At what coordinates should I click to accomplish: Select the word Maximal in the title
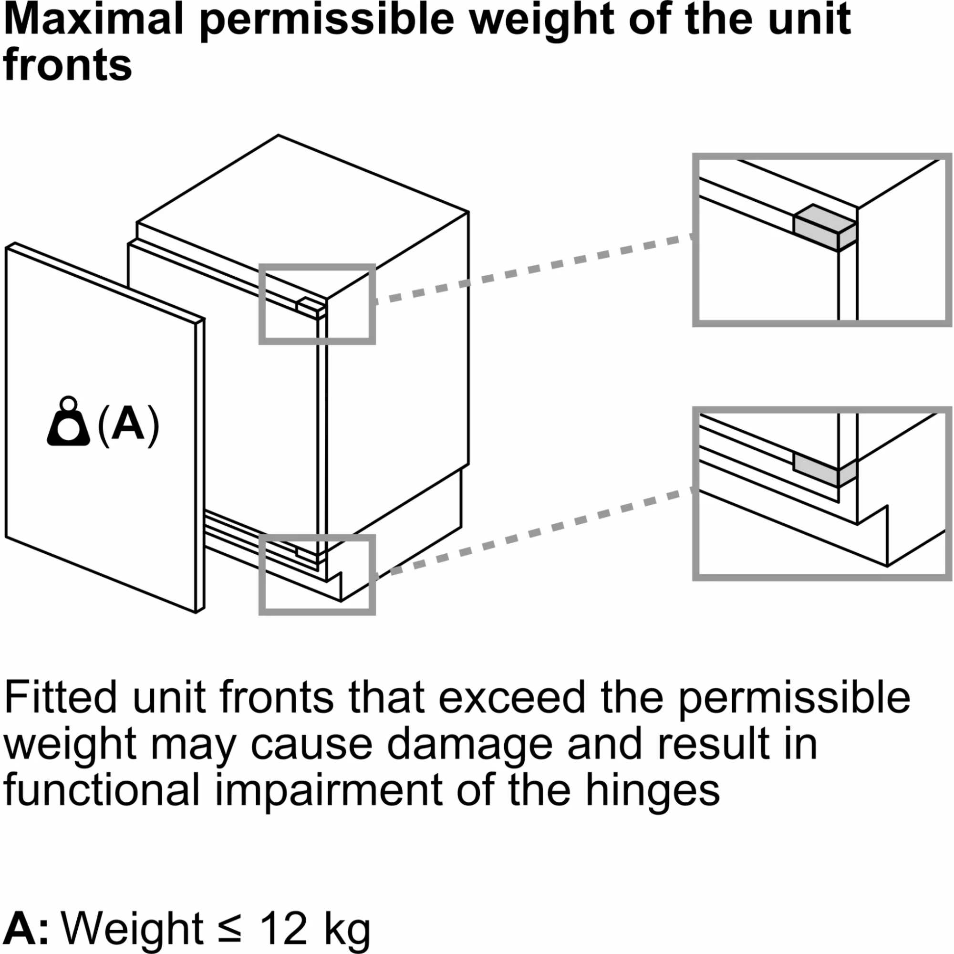93,20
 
